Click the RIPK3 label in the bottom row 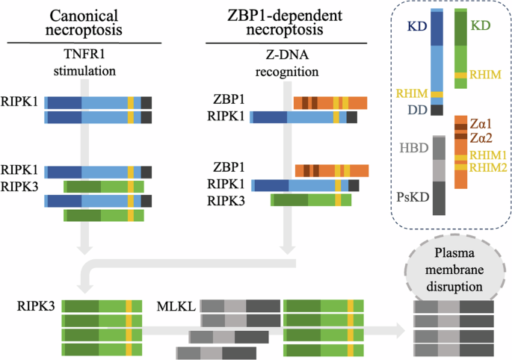pyautogui.click(x=37, y=306)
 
